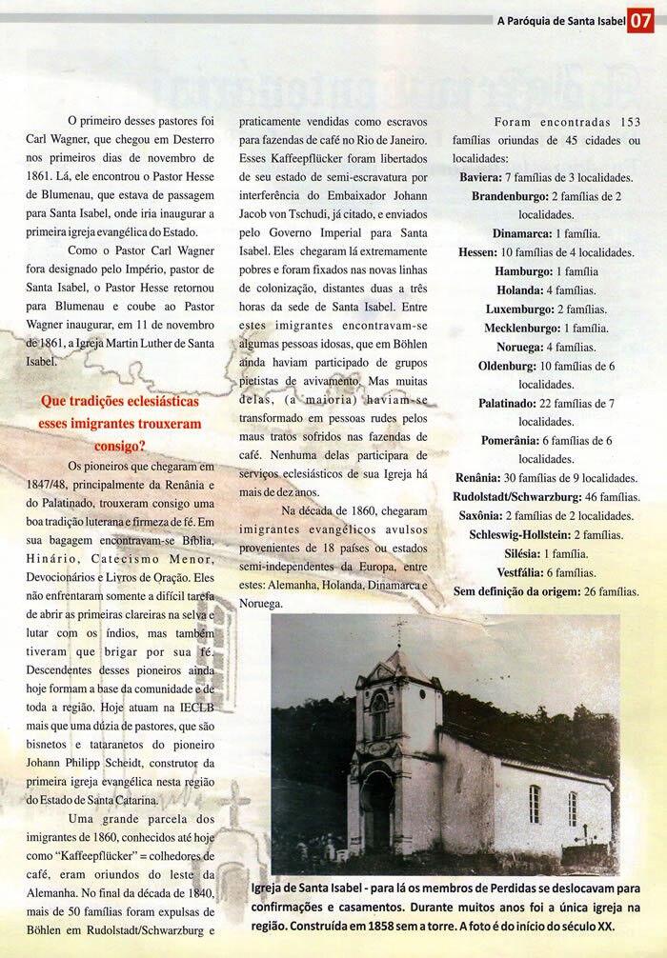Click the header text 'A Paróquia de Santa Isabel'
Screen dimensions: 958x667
pos(560,20)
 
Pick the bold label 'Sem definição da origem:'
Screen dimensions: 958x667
pos(512,591)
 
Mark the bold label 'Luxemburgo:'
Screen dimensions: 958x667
pos(520,309)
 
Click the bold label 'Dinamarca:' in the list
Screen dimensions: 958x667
pos(524,234)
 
